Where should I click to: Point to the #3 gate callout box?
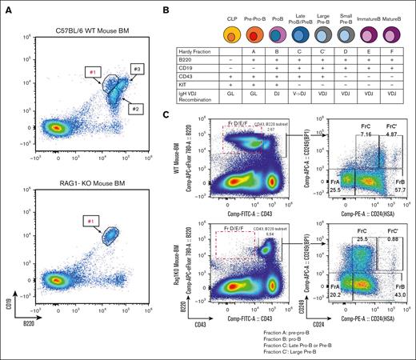tap(135, 69)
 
